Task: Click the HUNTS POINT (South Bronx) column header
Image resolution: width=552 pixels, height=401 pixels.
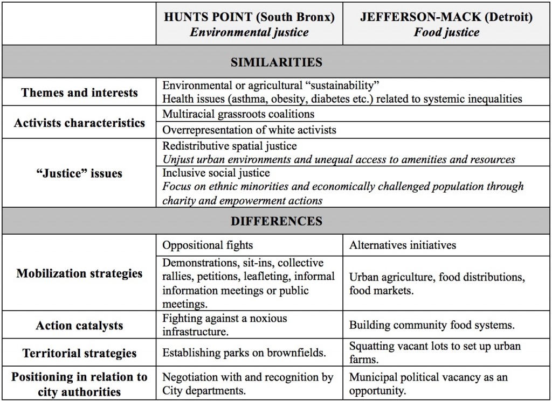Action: [249, 17]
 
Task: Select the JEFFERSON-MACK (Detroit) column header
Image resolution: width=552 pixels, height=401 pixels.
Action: [446, 17]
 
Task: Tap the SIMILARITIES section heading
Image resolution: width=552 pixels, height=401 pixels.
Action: [276, 62]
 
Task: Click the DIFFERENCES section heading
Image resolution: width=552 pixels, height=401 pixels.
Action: [276, 221]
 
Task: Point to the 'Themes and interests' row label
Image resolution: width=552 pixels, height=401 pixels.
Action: [79, 93]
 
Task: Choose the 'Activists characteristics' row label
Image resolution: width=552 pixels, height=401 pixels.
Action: [79, 123]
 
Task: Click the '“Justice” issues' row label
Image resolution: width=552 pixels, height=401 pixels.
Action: [79, 173]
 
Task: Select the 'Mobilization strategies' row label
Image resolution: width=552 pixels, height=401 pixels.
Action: [79, 273]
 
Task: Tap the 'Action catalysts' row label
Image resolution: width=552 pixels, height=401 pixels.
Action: [79, 326]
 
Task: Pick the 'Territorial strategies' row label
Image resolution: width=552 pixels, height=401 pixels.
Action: [79, 354]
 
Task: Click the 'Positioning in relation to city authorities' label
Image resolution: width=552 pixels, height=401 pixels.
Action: [79, 384]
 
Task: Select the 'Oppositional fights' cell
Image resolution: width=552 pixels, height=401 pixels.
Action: [208, 245]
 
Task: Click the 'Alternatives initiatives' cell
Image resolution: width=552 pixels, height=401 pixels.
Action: [402, 245]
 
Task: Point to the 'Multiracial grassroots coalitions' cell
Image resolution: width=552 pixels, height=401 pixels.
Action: [238, 114]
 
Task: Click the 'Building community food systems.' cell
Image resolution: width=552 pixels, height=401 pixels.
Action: [432, 326]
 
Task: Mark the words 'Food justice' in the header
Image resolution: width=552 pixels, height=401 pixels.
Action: [446, 32]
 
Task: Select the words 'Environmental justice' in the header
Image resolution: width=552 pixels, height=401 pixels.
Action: [249, 32]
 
